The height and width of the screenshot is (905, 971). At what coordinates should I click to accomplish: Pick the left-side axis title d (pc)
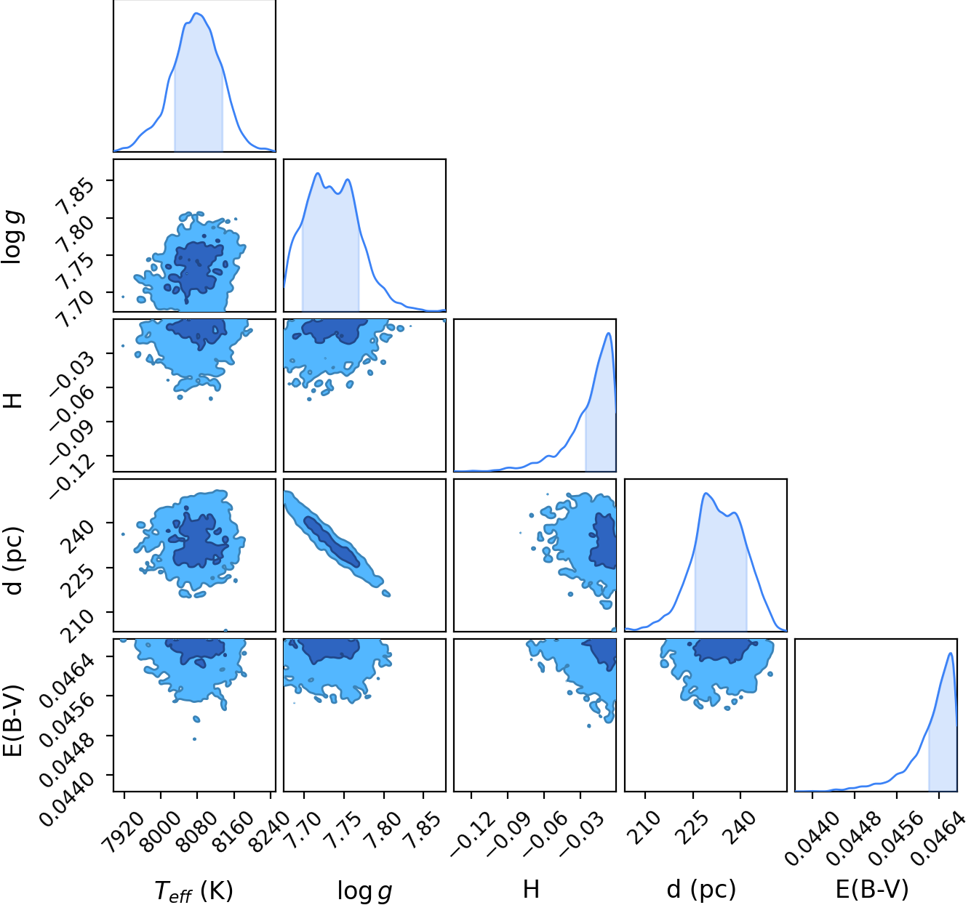[x=14, y=560]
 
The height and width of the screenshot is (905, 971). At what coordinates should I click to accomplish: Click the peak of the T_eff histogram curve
[x=197, y=13]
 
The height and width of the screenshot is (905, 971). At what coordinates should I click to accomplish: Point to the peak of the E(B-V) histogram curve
[x=950, y=653]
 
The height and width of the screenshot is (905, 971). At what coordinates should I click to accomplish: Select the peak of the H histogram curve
[x=608, y=333]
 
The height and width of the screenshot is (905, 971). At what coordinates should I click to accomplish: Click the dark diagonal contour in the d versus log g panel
[x=332, y=542]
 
